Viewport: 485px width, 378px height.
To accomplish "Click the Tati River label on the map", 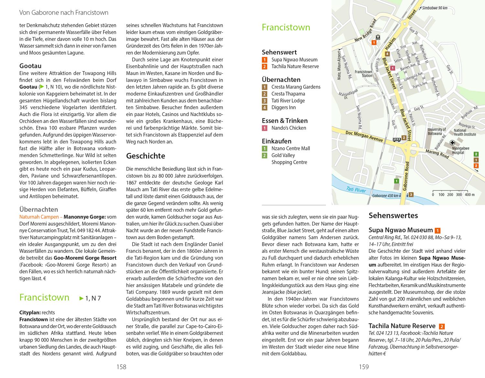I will click(356, 190).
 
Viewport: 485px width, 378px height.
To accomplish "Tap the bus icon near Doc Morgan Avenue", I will click(396, 139).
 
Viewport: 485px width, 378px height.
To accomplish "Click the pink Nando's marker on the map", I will click(393, 68).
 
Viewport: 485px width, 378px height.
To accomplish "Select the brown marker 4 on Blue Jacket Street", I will click(387, 54).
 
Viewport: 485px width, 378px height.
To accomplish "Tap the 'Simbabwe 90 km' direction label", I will click(435, 8).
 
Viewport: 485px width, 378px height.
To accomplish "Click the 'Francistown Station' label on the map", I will click(363, 74).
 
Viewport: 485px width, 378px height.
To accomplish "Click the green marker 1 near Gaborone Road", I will click(396, 181).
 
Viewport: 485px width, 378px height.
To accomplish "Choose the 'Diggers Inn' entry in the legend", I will click(284, 108).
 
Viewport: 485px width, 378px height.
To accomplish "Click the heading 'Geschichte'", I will click(145, 156).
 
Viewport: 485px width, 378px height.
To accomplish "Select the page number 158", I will click(121, 367).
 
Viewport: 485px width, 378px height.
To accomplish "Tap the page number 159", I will click(364, 367).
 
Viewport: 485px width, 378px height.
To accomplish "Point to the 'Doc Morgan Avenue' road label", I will click(364, 136).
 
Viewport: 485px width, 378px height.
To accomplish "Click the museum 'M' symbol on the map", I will click(378, 38).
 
